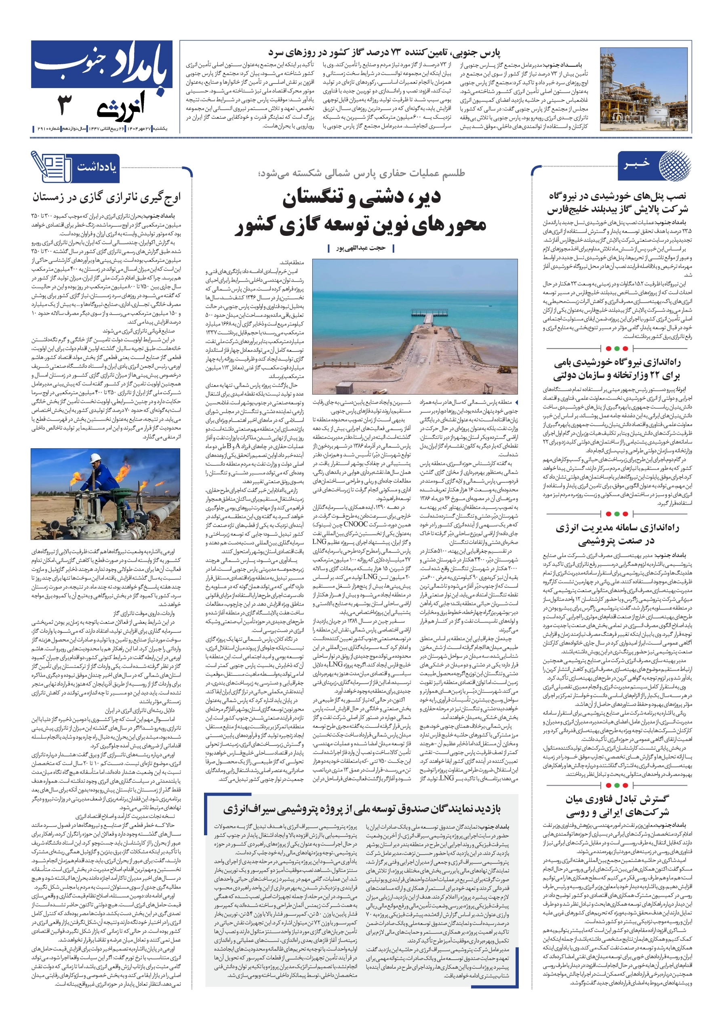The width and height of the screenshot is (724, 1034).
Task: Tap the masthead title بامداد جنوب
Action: click(x=102, y=64)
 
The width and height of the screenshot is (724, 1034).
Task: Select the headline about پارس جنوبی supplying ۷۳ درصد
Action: click(x=384, y=53)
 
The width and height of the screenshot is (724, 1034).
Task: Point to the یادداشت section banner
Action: click(x=96, y=168)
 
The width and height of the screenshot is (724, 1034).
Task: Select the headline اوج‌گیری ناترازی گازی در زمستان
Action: click(x=106, y=197)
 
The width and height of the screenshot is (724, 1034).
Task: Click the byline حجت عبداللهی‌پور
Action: click(x=361, y=248)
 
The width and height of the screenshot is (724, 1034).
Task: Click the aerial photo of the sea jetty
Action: click(x=415, y=327)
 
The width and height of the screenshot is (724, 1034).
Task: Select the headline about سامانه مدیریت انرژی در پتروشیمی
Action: click(x=617, y=534)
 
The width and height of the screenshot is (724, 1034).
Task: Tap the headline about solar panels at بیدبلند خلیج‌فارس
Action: click(x=617, y=203)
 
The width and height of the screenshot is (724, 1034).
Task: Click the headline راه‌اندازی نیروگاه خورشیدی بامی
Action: click(x=617, y=368)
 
